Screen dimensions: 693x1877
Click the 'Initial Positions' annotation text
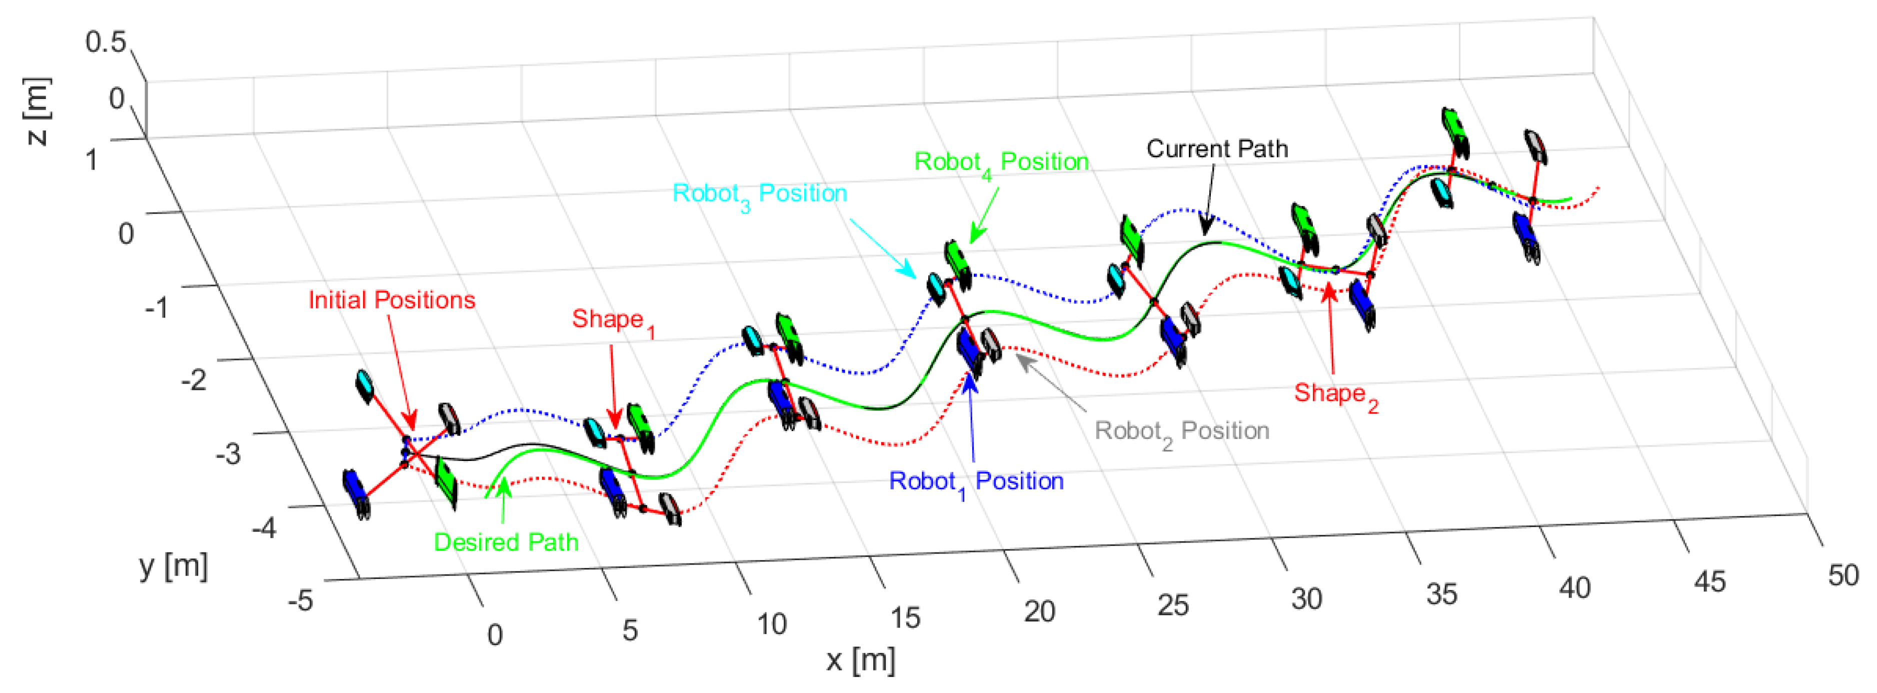tap(391, 299)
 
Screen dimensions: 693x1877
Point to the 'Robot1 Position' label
tap(976, 481)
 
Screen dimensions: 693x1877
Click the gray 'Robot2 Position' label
tap(1181, 431)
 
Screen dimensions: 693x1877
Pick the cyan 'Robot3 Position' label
tap(759, 194)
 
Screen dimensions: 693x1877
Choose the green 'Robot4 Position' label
tap(1001, 162)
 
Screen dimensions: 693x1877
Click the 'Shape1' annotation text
tap(613, 320)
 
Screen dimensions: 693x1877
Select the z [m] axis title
tap(37, 111)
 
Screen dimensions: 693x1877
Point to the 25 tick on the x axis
tap(1172, 605)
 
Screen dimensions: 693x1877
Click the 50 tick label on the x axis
tap(1843, 575)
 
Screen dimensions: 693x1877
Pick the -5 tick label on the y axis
tap(300, 600)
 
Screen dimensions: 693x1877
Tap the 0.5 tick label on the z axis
tap(106, 41)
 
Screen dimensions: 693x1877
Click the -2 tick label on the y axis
tap(194, 379)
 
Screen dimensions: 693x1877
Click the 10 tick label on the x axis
tap(771, 624)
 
